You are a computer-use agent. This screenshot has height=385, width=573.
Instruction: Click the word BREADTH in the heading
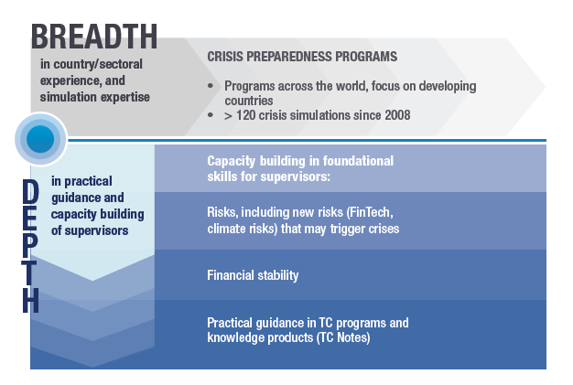pos(94,37)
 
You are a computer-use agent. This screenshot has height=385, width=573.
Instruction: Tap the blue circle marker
pos(40,139)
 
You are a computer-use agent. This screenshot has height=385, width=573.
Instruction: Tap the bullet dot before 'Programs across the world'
pos(211,86)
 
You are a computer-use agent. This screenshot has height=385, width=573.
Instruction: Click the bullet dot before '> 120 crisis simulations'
pos(211,115)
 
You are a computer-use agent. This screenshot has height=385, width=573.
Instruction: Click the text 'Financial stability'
pos(253,275)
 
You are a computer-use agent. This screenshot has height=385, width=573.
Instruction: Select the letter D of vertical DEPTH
pos(30,191)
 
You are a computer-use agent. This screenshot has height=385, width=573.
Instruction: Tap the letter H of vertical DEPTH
pos(30,300)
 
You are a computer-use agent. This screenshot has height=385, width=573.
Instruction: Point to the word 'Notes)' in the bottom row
pos(353,337)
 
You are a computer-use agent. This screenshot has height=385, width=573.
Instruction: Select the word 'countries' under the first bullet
pos(248,101)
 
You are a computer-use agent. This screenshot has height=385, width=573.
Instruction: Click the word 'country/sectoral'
pos(98,65)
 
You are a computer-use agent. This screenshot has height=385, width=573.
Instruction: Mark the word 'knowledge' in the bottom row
pos(236,337)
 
